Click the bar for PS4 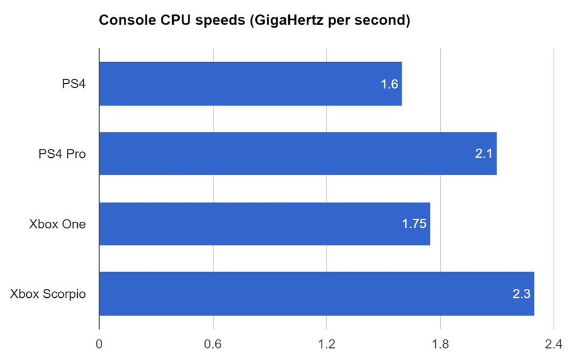(250, 84)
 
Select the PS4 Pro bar (298, 154)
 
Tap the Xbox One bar (264, 224)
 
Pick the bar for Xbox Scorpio (316, 294)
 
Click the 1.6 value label (389, 84)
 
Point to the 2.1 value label (484, 154)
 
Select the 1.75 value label (414, 224)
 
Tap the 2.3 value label (521, 294)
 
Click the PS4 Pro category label (59, 154)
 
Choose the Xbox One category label (57, 224)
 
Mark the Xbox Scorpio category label (48, 294)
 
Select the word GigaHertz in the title (279, 21)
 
